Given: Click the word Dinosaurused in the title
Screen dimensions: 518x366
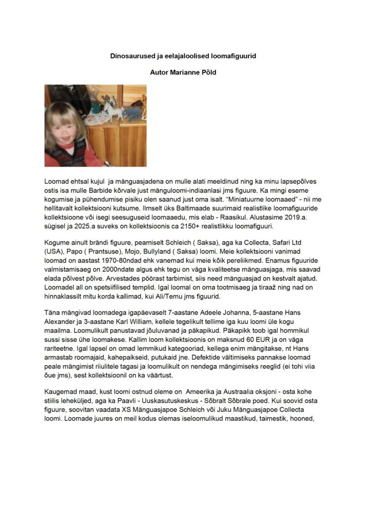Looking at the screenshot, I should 133,56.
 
